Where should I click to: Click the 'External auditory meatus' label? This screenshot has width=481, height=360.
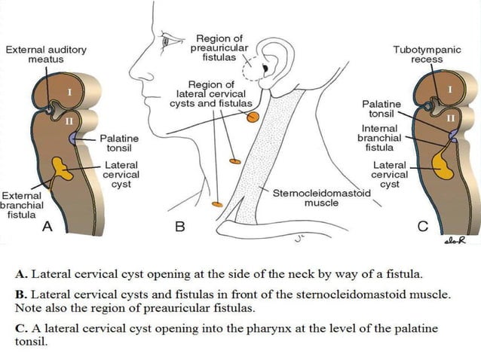click(x=45, y=54)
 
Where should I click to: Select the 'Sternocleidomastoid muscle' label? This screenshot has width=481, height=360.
click(x=321, y=198)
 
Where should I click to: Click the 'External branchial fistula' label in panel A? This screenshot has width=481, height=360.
click(x=22, y=204)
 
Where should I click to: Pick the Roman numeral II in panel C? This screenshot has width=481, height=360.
click(x=451, y=118)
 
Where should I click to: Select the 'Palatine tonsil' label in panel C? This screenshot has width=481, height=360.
click(x=381, y=108)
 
